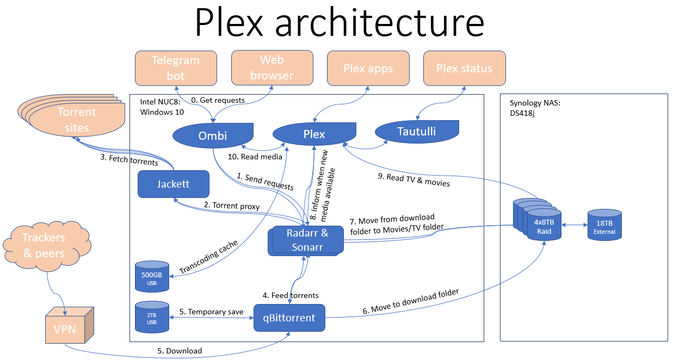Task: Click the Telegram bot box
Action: (176, 68)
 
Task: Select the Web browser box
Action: (271, 68)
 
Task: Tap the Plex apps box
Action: (368, 69)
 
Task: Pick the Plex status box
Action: (464, 69)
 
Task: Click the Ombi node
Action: (213, 135)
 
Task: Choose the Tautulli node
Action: (417, 131)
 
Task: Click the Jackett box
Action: (174, 184)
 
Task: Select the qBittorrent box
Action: (289, 318)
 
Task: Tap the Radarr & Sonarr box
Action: (307, 240)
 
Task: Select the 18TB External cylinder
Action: (604, 226)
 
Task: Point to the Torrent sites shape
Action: (77, 120)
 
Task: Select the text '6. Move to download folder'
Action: (410, 301)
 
